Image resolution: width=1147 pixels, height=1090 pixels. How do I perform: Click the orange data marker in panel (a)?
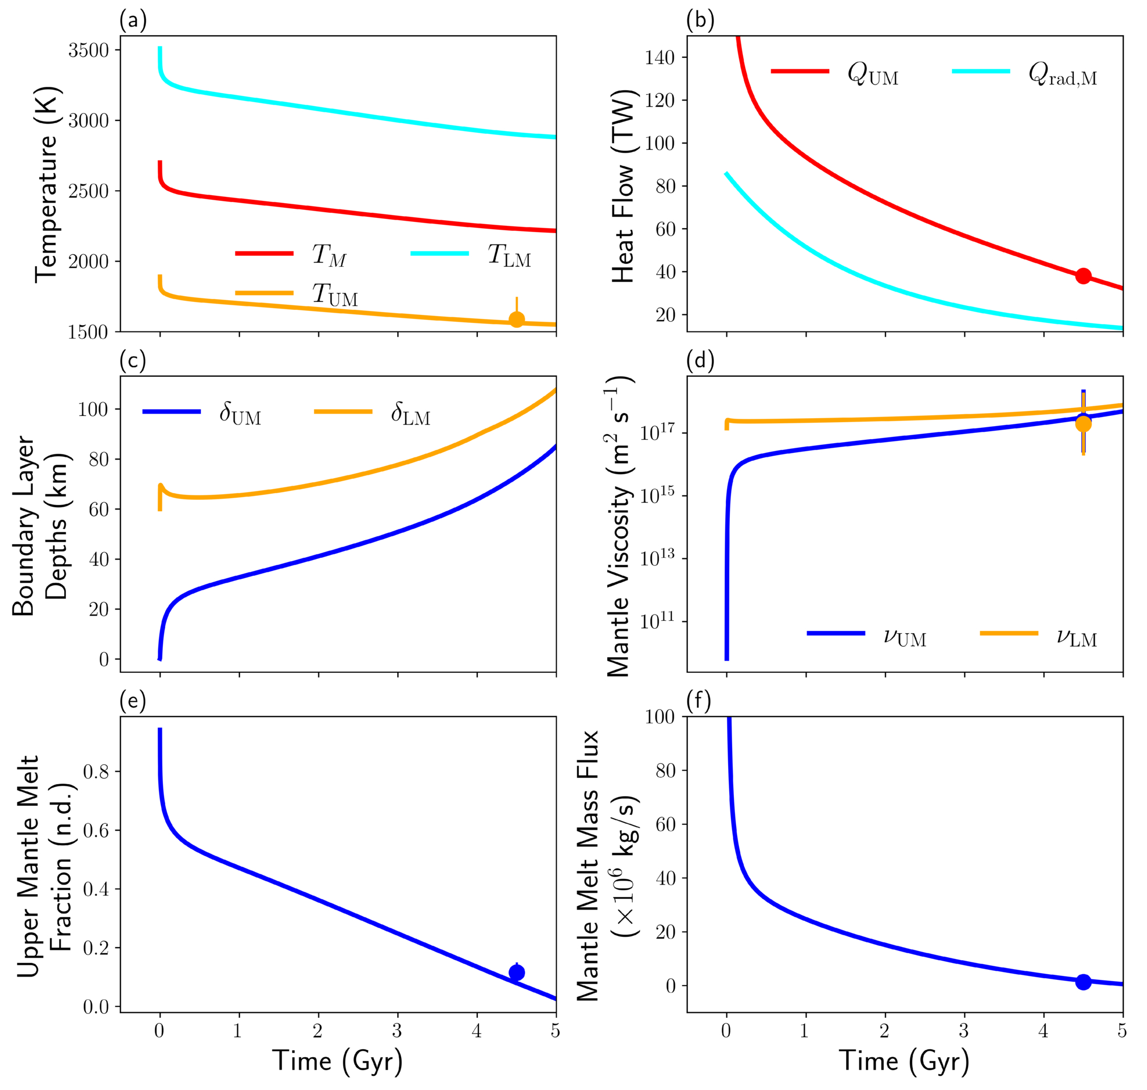(x=516, y=319)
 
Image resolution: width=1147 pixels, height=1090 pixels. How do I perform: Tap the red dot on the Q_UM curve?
(x=1083, y=276)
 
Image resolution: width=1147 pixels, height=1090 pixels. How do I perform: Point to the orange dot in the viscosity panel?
(x=1083, y=423)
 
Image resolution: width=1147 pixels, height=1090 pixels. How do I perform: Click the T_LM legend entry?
(x=470, y=255)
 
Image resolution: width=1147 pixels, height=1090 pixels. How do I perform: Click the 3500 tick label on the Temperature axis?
(x=89, y=50)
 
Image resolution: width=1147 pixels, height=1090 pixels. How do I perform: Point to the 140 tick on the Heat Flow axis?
(x=659, y=57)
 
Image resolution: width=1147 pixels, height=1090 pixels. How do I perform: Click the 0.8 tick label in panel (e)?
(x=96, y=772)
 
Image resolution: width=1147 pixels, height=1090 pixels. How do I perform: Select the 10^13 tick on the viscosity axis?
(x=658, y=558)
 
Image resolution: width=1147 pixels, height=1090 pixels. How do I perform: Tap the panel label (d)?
(x=700, y=361)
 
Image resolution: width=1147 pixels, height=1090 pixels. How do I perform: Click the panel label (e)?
(x=132, y=701)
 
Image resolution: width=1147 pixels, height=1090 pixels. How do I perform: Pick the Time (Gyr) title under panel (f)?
(x=904, y=1061)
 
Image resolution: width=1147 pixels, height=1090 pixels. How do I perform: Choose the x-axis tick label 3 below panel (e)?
(x=397, y=1032)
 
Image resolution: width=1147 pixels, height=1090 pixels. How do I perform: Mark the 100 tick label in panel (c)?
(x=94, y=410)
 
